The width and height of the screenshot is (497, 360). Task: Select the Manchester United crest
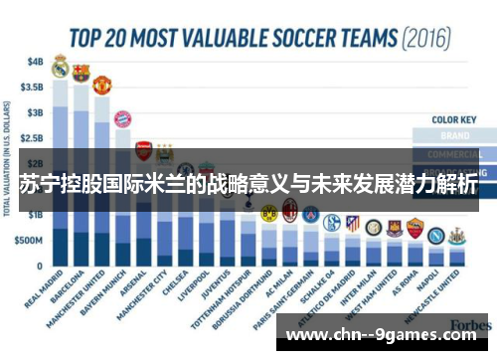[101, 85]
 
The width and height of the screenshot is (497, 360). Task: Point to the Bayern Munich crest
[122, 120]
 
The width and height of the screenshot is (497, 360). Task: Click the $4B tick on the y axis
[36, 61]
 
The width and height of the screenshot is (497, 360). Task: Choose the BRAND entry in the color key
[453, 135]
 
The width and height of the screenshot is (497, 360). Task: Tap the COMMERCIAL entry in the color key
[453, 154]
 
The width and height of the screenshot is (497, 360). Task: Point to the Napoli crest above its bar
[435, 237]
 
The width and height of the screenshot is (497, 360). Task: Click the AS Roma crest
[414, 229]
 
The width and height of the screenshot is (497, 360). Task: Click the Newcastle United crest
[456, 237]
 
